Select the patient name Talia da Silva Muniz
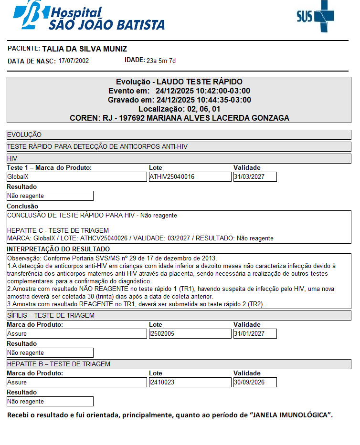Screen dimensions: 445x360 tap(85, 49)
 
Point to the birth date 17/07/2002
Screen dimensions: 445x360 tap(74, 61)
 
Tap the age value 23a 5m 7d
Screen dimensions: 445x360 tap(161, 61)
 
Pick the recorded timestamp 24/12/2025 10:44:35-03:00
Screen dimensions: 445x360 tap(203, 100)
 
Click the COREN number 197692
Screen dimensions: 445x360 tap(135, 118)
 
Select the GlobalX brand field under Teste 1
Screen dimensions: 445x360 tap(76, 176)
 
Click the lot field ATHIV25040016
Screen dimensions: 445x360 tap(190, 176)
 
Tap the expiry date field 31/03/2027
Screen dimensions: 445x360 tap(255, 176)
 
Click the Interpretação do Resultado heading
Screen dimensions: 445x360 tap(58, 249)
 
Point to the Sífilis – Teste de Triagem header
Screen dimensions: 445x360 tap(51, 315)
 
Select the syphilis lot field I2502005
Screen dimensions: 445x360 tap(190, 334)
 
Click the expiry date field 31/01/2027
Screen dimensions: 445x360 tap(255, 334)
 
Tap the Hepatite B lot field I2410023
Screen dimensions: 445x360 tap(190, 382)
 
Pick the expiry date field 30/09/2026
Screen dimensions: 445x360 tap(255, 382)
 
